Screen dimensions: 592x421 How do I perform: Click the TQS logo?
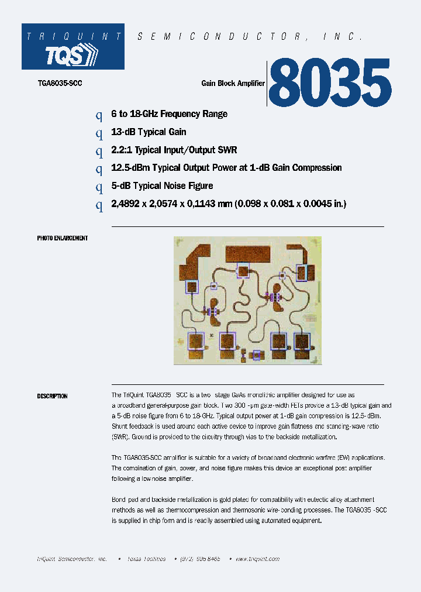(x=73, y=55)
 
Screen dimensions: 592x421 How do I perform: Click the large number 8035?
(x=330, y=82)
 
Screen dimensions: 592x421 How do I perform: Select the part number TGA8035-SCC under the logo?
(x=60, y=84)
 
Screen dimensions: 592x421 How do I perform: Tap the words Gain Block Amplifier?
(x=233, y=84)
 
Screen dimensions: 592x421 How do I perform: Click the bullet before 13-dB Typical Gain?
(x=99, y=133)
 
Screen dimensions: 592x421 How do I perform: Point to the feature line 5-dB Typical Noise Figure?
(x=162, y=186)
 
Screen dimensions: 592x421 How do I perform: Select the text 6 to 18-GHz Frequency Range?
(x=169, y=114)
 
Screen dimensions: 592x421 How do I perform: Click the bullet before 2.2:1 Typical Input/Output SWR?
(x=99, y=151)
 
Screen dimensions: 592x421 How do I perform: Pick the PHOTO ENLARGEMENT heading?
(x=63, y=238)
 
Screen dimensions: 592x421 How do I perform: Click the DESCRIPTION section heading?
(x=52, y=396)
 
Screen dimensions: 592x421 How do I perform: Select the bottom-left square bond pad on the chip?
(x=196, y=340)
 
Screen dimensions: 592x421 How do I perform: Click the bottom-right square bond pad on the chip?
(x=302, y=341)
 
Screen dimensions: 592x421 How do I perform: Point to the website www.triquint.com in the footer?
(x=257, y=559)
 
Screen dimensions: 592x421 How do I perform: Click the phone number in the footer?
(x=200, y=559)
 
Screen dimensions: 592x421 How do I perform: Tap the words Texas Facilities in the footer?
(x=146, y=559)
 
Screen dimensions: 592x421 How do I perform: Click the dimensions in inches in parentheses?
(x=291, y=204)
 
